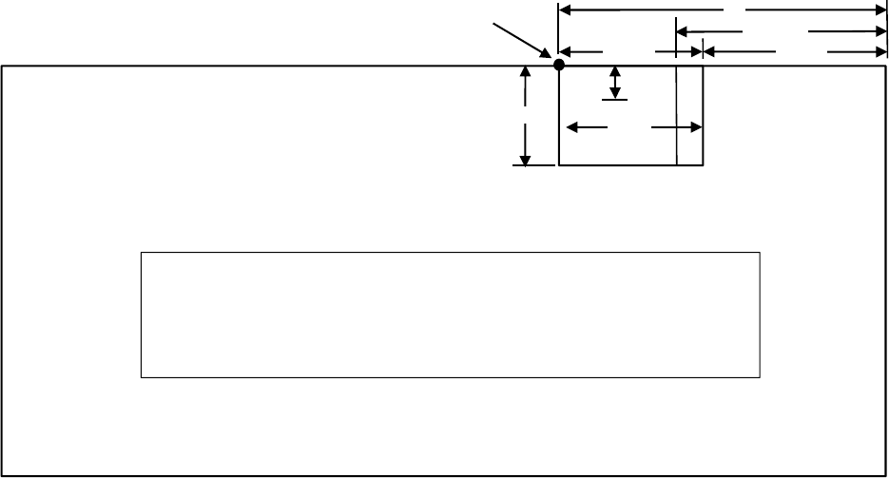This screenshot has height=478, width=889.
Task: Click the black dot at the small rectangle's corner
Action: (559, 65)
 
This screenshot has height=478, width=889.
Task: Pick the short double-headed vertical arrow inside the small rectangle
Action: (615, 82)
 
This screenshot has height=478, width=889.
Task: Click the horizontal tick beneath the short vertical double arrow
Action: (615, 100)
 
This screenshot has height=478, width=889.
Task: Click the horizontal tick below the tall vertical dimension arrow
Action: (533, 165)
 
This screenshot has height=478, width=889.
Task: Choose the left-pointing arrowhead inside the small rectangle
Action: (571, 125)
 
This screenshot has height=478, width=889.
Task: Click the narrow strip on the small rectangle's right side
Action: (689, 115)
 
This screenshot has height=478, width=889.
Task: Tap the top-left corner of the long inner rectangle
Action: (142, 253)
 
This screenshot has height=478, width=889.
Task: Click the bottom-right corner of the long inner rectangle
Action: (760, 377)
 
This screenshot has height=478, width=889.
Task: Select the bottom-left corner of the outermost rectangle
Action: (1, 475)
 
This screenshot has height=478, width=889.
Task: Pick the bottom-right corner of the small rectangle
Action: (703, 165)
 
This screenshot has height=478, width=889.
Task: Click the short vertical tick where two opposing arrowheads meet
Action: (702, 51)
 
